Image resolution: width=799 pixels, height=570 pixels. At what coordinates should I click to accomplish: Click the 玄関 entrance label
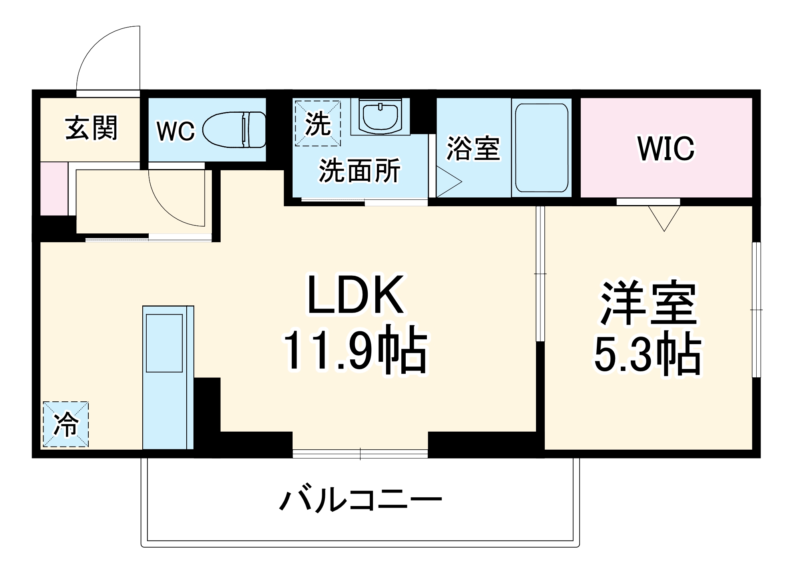[92, 128]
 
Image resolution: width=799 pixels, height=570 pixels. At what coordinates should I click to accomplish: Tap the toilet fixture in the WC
[235, 130]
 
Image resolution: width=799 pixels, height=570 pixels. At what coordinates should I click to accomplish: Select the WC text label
[175, 131]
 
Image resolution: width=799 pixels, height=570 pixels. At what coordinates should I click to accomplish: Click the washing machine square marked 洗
[318, 123]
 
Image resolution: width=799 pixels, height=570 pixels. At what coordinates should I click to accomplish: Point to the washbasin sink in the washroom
[380, 116]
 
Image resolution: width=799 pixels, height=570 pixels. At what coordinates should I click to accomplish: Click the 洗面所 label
[359, 171]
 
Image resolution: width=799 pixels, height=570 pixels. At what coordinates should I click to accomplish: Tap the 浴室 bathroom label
[473, 148]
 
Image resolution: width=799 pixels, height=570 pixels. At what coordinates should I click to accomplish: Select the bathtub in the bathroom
[542, 148]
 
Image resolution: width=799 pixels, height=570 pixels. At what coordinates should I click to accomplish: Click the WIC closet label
[666, 148]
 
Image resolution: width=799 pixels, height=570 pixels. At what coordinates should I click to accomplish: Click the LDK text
[355, 295]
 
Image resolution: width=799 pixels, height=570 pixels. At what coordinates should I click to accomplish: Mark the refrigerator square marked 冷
[66, 424]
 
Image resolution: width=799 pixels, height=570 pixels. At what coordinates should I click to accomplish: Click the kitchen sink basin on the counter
[164, 343]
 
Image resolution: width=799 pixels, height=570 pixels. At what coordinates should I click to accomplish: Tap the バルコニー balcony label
[360, 500]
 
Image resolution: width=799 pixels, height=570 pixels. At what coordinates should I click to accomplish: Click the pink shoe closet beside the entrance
[54, 188]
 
